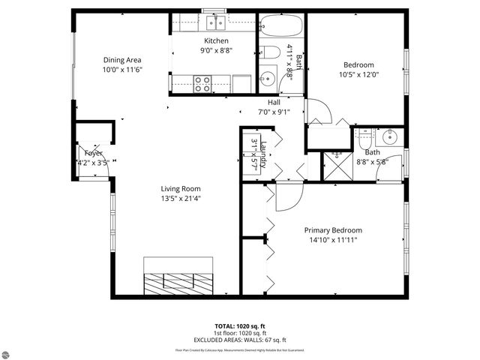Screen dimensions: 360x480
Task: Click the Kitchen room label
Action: (x=216, y=40)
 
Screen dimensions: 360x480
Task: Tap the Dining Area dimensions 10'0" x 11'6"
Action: (x=123, y=70)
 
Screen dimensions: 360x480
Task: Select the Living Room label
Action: (x=181, y=189)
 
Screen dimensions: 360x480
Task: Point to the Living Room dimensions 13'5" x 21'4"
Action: (x=181, y=199)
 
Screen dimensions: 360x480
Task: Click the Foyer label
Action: (x=93, y=153)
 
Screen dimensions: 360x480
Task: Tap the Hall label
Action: (x=275, y=103)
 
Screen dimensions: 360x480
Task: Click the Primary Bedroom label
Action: (x=332, y=230)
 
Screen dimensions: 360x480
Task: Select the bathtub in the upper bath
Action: (x=281, y=28)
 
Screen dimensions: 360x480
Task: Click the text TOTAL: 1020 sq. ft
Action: (x=240, y=326)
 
